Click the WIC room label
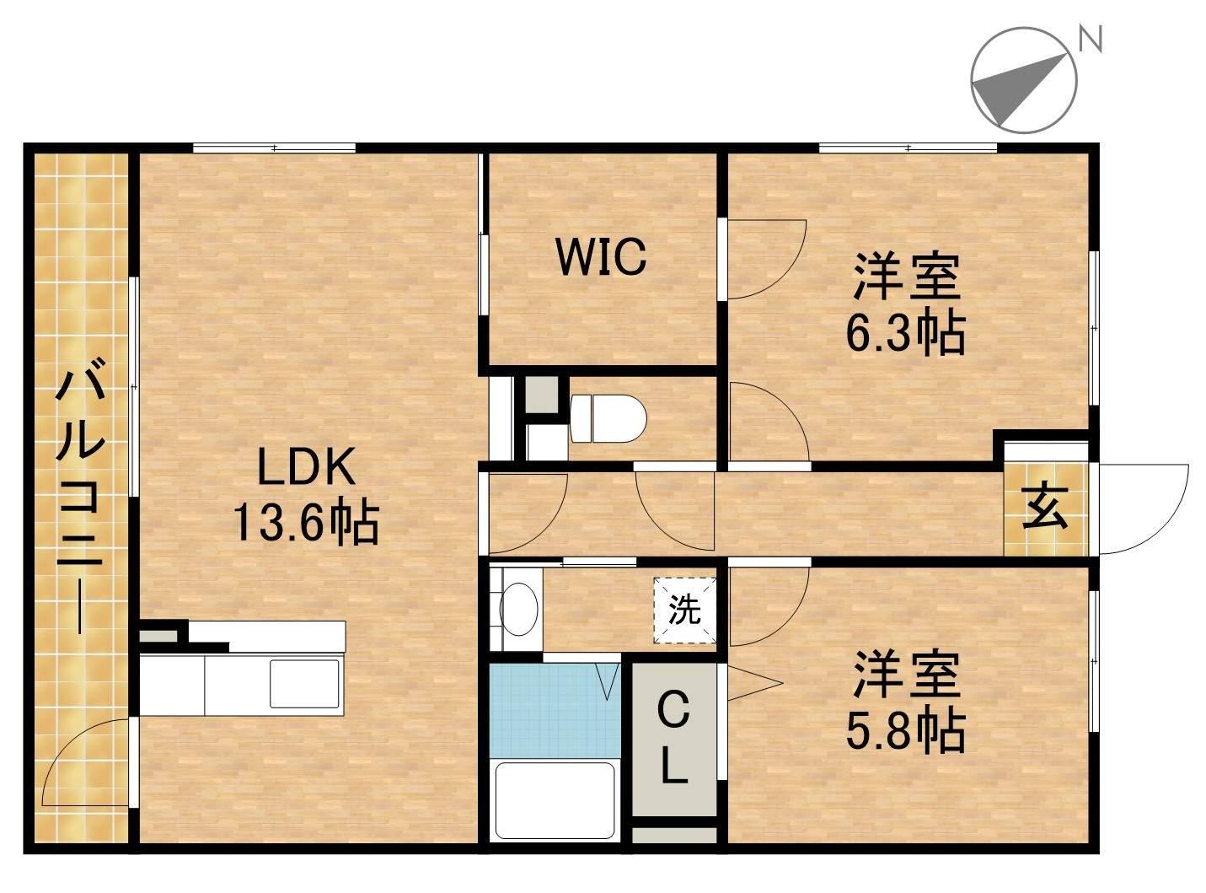[602, 256]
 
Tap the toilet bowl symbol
[608, 418]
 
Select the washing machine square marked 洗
[684, 610]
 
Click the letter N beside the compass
[1090, 40]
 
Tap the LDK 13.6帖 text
[306, 495]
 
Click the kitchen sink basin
[305, 682]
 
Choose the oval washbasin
[518, 608]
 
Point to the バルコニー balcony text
[80, 497]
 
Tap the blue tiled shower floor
[555, 710]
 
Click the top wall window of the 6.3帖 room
[908, 148]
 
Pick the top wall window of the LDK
[274, 148]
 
